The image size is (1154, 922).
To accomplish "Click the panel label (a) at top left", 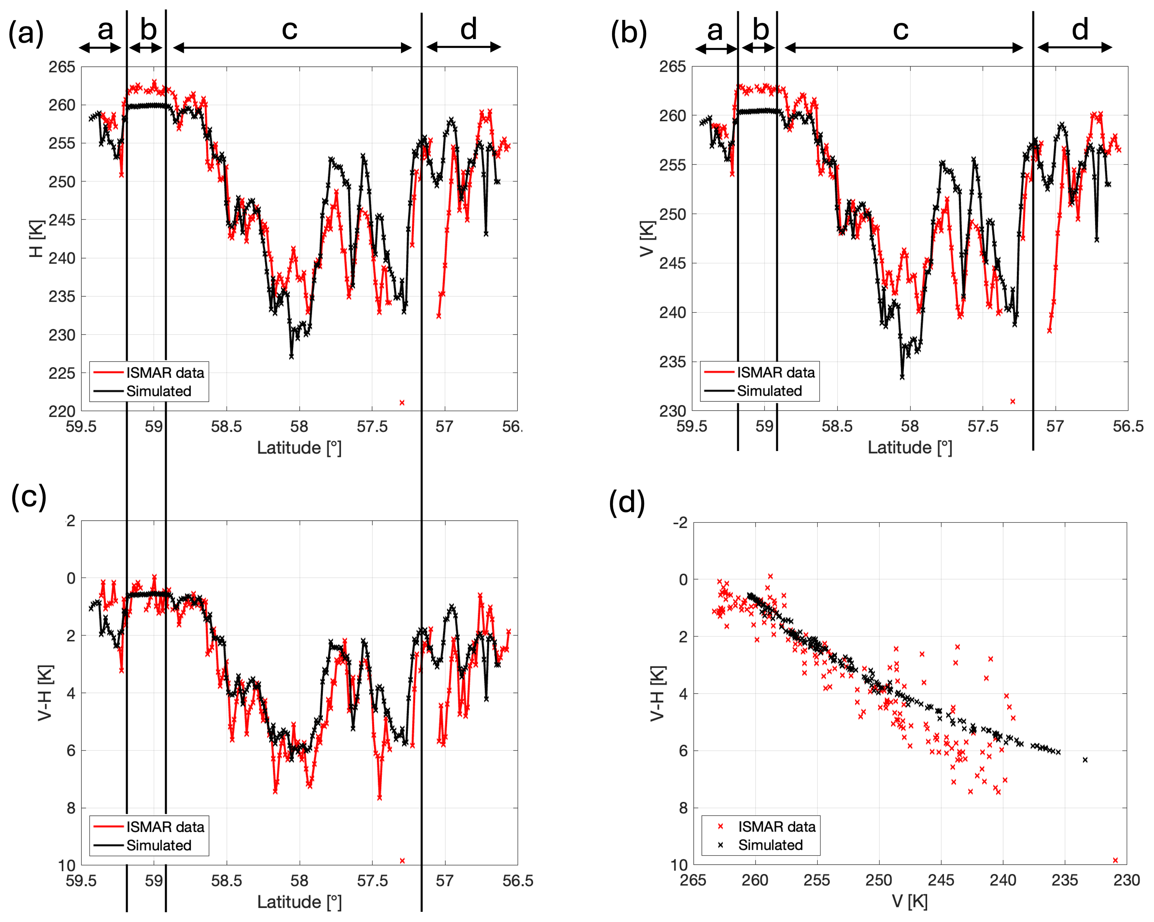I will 26,33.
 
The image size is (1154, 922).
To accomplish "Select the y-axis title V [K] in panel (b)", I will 648,239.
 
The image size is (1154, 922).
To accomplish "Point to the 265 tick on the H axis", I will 62,67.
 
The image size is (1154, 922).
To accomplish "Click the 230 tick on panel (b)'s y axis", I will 672,411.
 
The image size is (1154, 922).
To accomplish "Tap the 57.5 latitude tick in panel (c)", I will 372,881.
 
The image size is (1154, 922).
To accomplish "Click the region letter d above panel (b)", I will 1080,29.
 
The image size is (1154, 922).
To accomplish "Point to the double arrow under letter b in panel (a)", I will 146,48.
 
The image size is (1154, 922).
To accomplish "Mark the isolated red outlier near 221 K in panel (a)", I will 402,402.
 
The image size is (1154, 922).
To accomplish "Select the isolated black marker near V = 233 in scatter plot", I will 1085,760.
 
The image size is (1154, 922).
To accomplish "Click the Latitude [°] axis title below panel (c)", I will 299,902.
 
